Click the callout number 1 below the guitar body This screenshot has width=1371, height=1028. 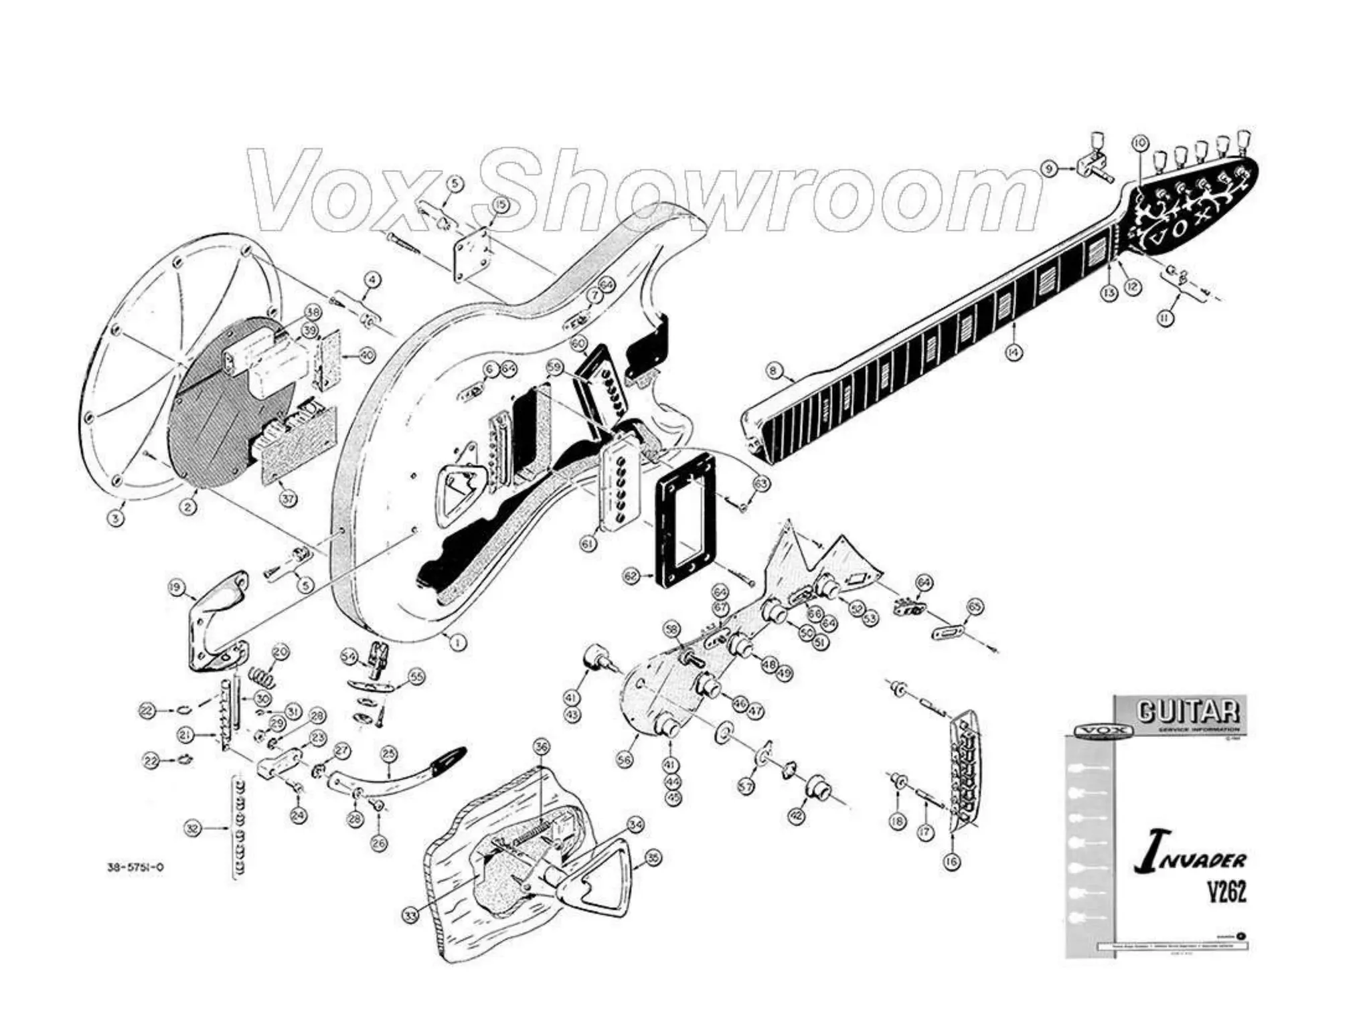pos(457,642)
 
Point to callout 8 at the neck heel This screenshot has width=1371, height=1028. pos(774,369)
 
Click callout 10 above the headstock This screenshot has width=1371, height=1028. pos(1139,143)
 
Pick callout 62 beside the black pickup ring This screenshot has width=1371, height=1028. pos(631,576)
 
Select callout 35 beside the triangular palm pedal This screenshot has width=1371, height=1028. pos(653,857)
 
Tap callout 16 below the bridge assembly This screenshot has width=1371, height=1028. pos(951,861)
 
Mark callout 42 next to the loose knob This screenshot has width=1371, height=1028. pos(796,817)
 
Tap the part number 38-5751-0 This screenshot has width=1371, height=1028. pos(136,868)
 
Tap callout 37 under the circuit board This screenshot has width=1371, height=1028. pos(288,499)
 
